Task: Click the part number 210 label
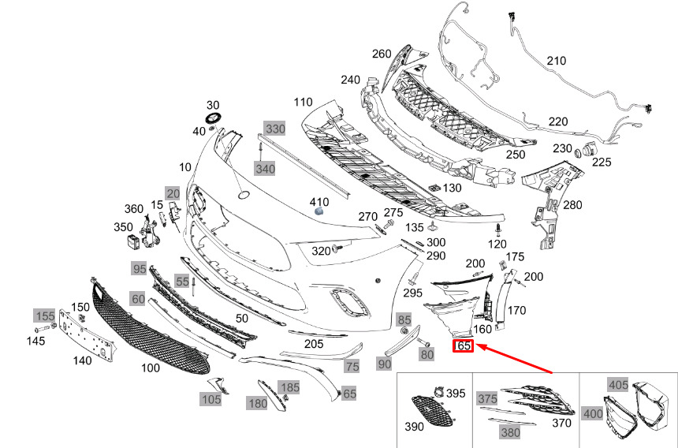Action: (x=557, y=61)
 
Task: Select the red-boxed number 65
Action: (x=463, y=345)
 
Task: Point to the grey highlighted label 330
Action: (x=274, y=128)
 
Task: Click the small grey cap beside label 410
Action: (x=319, y=211)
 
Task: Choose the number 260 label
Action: (x=382, y=54)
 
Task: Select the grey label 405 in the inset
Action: (x=619, y=384)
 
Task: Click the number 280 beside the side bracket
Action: (x=572, y=205)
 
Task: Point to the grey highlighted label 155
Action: (x=44, y=316)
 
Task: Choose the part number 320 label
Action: (x=320, y=252)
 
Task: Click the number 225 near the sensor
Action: (x=602, y=162)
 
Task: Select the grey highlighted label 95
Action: (x=140, y=269)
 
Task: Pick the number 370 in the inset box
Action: (x=562, y=424)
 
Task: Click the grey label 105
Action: (x=210, y=399)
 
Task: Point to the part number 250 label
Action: (x=515, y=155)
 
